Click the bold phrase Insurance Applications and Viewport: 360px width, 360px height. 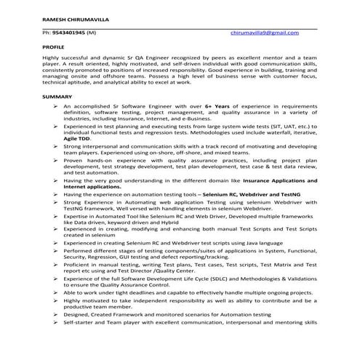279,180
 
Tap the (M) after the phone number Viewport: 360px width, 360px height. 91,33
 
